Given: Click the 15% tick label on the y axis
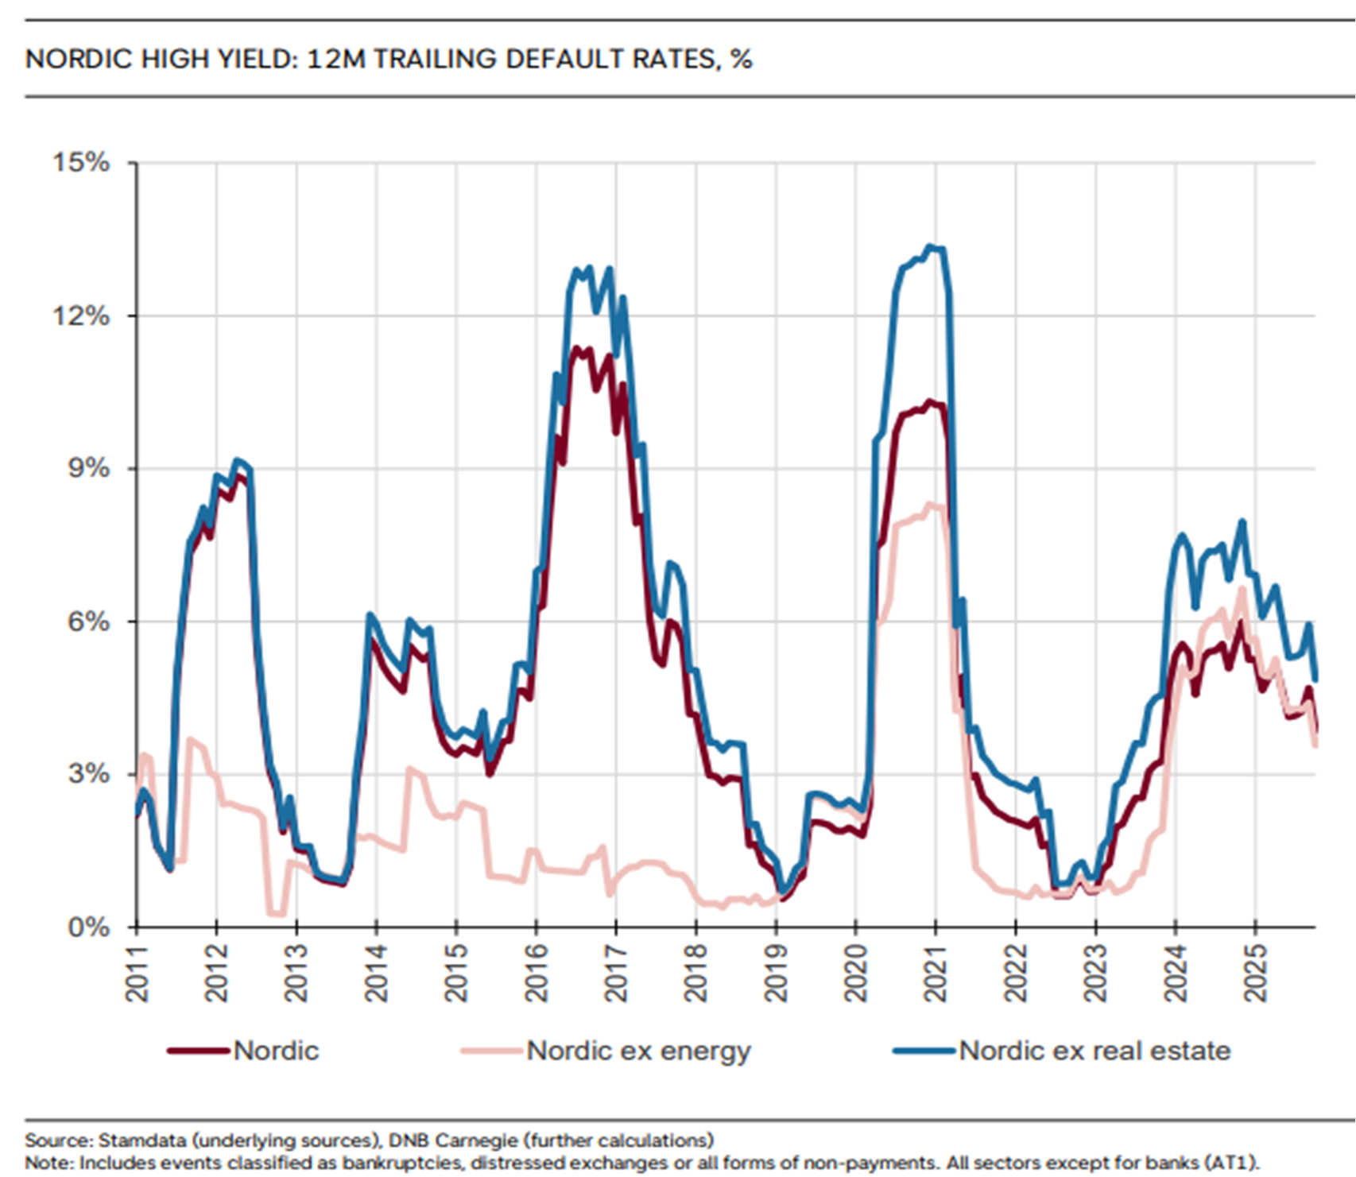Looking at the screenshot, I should pyautogui.click(x=81, y=162).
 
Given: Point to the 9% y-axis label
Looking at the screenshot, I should pyautogui.click(x=87, y=468).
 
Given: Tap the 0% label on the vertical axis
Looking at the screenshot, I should pyautogui.click(x=87, y=927).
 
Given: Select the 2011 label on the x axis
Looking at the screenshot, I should pyautogui.click(x=137, y=974).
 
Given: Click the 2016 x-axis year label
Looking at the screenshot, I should pyautogui.click(x=537, y=974).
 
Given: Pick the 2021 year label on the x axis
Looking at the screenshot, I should pyautogui.click(x=936, y=974).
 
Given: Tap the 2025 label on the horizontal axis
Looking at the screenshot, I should pyautogui.click(x=1255, y=974).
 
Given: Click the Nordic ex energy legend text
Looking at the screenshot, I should pyautogui.click(x=638, y=1051).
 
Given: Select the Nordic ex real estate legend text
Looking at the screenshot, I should pyautogui.click(x=1094, y=1051).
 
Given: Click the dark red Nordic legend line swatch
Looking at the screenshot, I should pyautogui.click(x=199, y=1051).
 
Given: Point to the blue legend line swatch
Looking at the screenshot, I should pyautogui.click(x=924, y=1051).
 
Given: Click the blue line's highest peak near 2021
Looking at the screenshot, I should pyautogui.click(x=930, y=246).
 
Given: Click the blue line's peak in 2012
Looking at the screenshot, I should pyautogui.click(x=236, y=460).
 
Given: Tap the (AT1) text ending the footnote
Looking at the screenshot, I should pyautogui.click(x=1232, y=1163).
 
